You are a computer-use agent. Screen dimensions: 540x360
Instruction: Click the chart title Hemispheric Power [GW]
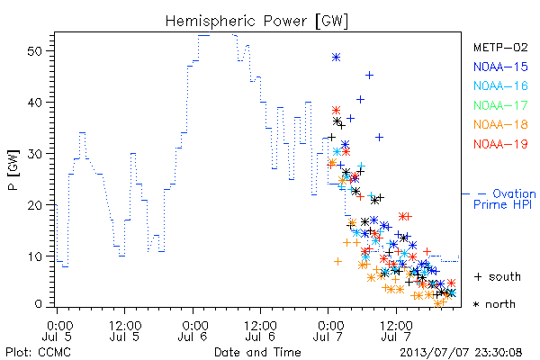pos(256,22)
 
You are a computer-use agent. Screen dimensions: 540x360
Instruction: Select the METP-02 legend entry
pos(500,47)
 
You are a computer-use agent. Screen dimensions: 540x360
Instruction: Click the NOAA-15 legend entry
pos(500,67)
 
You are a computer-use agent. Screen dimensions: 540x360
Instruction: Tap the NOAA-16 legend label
pos(500,85)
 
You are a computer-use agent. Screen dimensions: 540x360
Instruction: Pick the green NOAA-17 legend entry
pos(500,105)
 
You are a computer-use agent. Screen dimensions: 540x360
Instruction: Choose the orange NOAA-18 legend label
pos(500,124)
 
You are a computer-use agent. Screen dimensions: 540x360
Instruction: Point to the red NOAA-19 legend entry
pos(500,144)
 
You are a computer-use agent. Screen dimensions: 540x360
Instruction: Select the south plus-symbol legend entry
pos(498,276)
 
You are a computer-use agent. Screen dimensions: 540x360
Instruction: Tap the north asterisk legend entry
pos(494,304)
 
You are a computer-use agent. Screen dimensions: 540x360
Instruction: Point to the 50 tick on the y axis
pos(35,51)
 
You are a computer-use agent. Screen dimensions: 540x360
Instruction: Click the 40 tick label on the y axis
pos(35,103)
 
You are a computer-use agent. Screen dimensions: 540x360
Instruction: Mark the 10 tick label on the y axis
pos(35,256)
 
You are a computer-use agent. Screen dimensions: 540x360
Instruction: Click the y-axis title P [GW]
pos(13,170)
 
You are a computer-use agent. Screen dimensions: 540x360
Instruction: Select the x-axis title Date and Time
pos(257,352)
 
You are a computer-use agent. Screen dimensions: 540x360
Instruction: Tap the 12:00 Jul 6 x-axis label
pos(261,330)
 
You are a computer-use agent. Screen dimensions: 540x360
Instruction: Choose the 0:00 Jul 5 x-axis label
pos(57,330)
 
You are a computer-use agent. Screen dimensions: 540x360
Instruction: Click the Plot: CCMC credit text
pos(38,352)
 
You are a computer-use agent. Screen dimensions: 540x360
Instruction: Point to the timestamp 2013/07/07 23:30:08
pos(461,353)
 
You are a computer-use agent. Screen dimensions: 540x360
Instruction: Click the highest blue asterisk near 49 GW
pos(336,58)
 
